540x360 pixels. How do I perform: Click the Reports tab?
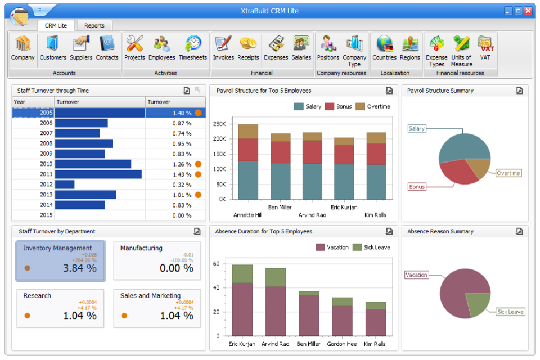[x=94, y=25]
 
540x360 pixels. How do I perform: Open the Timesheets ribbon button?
[x=193, y=47]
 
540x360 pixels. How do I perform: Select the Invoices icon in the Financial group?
[x=223, y=47]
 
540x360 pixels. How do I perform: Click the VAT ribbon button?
[x=485, y=47]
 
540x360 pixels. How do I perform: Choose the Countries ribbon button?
[x=385, y=47]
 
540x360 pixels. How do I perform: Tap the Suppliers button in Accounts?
[x=81, y=47]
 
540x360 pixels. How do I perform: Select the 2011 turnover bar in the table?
[x=98, y=174]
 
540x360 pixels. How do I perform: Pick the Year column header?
[x=33, y=102]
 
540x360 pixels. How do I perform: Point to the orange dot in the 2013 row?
[x=198, y=195]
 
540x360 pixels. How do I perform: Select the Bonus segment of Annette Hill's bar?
[x=248, y=150]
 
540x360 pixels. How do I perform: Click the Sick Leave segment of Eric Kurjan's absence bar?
[x=242, y=273]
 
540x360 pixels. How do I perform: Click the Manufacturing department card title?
[x=141, y=248]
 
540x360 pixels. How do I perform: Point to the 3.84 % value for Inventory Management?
[x=80, y=268]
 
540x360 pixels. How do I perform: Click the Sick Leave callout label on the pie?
[x=510, y=312]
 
